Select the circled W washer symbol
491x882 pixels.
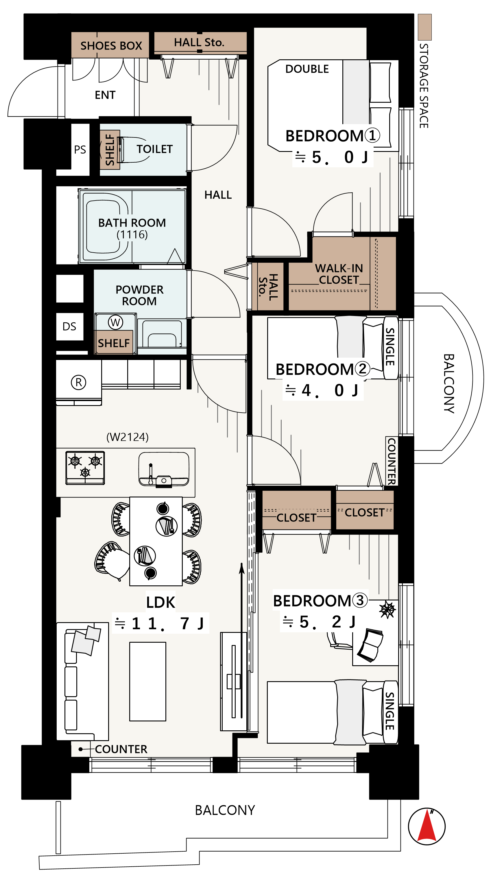click(115, 322)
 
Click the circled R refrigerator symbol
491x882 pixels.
click(78, 382)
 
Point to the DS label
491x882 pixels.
click(69, 327)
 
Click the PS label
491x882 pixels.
click(80, 150)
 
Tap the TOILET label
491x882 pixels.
click(155, 149)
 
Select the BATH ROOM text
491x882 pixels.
click(132, 223)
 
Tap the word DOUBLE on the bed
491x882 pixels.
click(307, 69)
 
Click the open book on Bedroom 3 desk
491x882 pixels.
click(370, 645)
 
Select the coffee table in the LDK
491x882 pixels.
click(147, 681)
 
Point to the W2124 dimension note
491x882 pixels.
click(127, 437)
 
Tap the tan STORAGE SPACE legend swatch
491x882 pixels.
click(424, 27)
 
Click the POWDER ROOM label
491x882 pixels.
click(139, 295)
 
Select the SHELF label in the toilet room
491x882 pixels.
click(110, 150)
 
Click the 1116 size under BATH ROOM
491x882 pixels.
click(132, 235)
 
